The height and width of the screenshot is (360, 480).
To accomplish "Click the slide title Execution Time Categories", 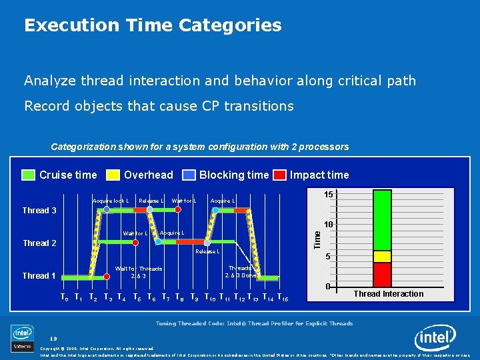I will (x=153, y=26).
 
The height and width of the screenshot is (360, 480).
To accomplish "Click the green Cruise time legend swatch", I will (x=29, y=175).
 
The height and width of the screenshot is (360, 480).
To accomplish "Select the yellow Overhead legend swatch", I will (x=113, y=175).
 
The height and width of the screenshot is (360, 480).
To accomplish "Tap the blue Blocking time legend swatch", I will (x=189, y=175).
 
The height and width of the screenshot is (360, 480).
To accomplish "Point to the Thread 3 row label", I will (x=39, y=211).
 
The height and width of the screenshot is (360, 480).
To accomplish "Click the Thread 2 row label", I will (x=39, y=243).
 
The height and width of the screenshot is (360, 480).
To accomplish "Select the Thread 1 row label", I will (x=39, y=276).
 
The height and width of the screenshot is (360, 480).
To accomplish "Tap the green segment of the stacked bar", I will (x=382, y=220).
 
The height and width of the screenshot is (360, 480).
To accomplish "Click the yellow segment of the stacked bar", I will (x=382, y=257).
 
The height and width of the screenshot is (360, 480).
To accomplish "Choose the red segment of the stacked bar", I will (x=382, y=274).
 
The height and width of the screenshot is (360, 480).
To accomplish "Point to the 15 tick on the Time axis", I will (x=329, y=194).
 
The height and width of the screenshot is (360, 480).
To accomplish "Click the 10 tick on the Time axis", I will (x=329, y=225).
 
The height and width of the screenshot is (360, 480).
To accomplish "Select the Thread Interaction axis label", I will (x=388, y=294).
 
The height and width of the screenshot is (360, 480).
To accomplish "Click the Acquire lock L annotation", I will (x=110, y=201).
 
